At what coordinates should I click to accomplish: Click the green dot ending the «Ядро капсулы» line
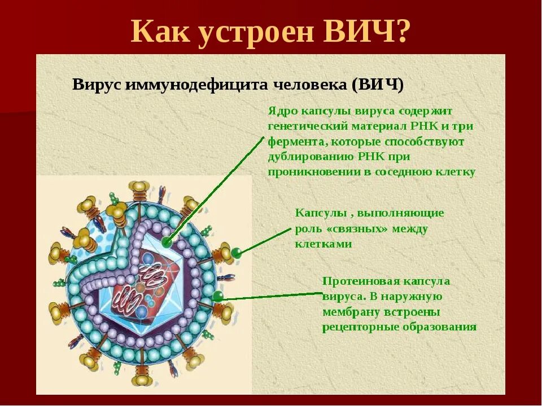166,242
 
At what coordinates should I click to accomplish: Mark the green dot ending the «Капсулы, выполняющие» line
237,253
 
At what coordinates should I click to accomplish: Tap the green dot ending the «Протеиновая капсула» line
218,295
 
